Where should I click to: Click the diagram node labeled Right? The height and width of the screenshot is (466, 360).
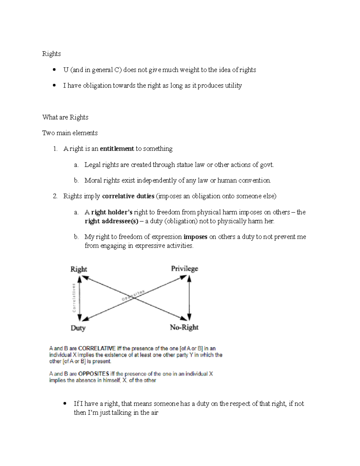[x=79, y=269]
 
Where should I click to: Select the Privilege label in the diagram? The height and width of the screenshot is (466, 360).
[x=184, y=269]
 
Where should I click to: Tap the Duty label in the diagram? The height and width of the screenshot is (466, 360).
[x=78, y=328]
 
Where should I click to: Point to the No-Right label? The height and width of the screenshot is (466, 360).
[x=184, y=327]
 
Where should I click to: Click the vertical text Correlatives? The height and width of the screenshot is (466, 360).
[x=73, y=298]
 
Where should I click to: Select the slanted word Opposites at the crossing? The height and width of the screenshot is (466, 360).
[x=133, y=295]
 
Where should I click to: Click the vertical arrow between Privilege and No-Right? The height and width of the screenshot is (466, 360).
[x=189, y=298]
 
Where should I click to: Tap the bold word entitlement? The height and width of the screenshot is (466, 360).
[x=117, y=149]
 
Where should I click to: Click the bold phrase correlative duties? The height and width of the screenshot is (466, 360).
[x=128, y=196]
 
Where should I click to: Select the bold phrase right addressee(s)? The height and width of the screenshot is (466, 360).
[x=112, y=221]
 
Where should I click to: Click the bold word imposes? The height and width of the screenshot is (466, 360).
[x=195, y=237]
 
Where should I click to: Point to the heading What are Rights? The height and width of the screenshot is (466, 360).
[x=65, y=117]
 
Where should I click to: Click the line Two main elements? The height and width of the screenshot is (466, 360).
[x=70, y=133]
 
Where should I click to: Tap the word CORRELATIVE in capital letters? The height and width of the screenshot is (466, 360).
[x=97, y=349]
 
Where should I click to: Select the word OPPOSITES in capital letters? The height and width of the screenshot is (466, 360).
[x=94, y=374]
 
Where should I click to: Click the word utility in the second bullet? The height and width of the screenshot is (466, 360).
[x=233, y=86]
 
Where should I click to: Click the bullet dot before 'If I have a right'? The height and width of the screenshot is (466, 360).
[x=65, y=404]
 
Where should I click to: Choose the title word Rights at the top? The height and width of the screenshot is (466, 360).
[x=52, y=54]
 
